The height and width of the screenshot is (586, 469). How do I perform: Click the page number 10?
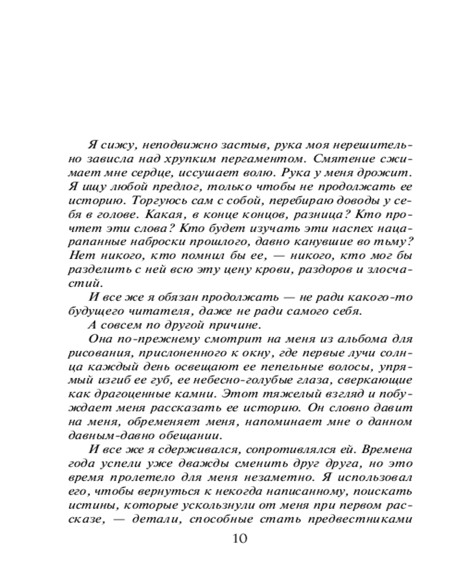pos(240,539)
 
